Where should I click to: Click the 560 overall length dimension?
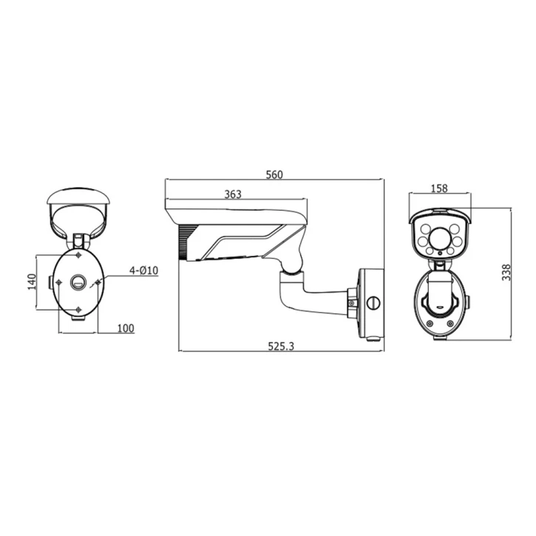click(x=274, y=174)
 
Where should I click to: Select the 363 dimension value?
click(x=233, y=194)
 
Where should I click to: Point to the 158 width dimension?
click(x=438, y=189)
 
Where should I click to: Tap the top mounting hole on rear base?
click(x=78, y=255)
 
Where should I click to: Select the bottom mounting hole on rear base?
click(x=78, y=309)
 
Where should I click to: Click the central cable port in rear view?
click(x=78, y=282)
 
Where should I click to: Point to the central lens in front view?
click(x=441, y=238)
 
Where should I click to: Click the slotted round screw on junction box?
click(x=373, y=302)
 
